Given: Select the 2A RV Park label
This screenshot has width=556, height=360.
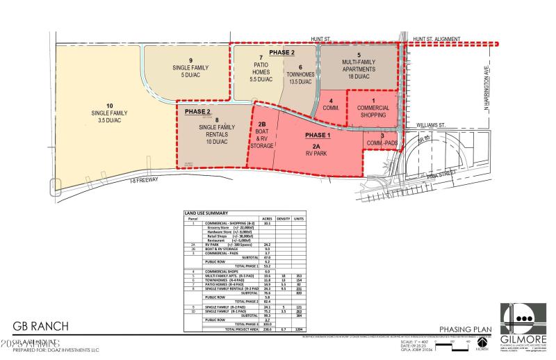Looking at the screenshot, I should click(316, 143).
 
